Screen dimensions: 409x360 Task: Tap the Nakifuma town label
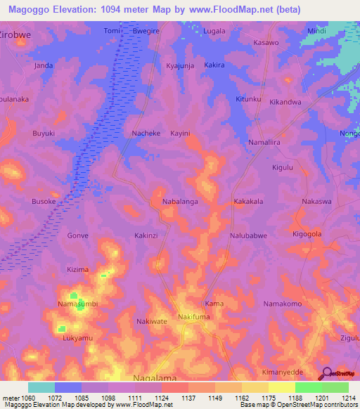194,317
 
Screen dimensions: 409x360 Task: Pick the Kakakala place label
248,201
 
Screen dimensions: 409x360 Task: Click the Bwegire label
147,32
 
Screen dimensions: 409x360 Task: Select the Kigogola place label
307,233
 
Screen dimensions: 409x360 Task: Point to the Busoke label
44,201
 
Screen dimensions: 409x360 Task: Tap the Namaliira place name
265,142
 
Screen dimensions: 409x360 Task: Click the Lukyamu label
77,338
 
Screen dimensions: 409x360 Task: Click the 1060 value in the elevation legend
28,397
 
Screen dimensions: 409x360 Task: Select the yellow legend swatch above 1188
281,387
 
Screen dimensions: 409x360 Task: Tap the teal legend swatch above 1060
41,387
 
